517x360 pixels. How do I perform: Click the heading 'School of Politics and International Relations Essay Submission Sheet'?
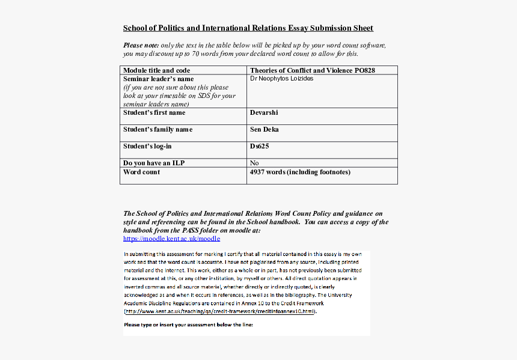coord(248,28)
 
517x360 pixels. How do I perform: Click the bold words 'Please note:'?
coord(141,45)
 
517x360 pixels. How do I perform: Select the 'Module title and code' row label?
coord(156,70)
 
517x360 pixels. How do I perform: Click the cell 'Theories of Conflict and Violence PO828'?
coord(312,70)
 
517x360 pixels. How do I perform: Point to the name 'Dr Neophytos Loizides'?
coord(281,79)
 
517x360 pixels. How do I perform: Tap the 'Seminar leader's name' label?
coord(158,79)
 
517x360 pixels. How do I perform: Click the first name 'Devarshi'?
coord(264,112)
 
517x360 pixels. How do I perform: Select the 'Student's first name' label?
coord(154,112)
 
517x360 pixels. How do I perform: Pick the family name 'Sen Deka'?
coord(265,129)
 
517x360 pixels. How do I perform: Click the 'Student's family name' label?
coord(158,129)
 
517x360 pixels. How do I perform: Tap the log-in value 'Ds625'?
coord(259,146)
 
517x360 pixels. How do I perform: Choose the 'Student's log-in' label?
coord(147,146)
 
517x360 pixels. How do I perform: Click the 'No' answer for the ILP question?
coord(254,163)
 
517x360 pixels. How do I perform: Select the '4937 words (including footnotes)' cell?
coord(300,172)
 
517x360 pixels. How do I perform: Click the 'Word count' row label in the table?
coord(141,172)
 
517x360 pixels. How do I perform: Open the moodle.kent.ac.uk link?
coord(172,239)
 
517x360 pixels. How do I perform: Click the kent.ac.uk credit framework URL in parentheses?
coord(220,312)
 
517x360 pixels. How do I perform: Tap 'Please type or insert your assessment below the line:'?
coord(188,325)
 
